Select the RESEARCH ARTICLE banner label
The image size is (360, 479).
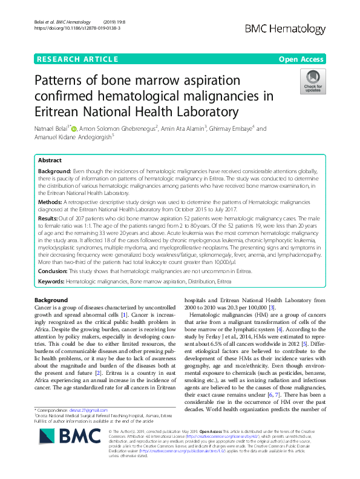click(77, 59)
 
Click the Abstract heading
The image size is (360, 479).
click(50, 161)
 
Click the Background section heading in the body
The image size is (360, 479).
click(51, 301)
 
